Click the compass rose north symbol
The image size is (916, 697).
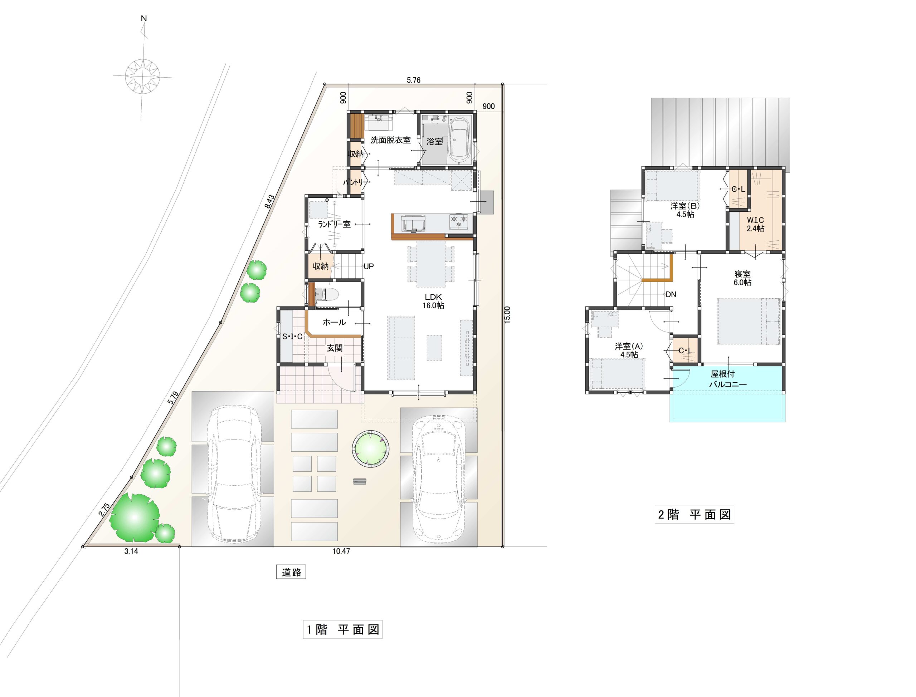click(x=143, y=77)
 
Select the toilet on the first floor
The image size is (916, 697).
click(x=326, y=295)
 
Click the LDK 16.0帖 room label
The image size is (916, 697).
click(x=433, y=301)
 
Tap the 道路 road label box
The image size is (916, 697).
click(x=291, y=572)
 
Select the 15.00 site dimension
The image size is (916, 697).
click(x=507, y=314)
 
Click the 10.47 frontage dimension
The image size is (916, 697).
click(x=341, y=551)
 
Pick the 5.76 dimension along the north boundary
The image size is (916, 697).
click(x=413, y=80)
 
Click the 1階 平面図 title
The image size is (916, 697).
click(x=342, y=629)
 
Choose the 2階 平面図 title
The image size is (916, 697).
click(x=695, y=515)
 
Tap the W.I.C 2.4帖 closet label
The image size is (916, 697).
click(x=755, y=224)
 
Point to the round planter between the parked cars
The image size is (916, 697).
click(x=371, y=448)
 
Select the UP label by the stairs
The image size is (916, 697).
click(x=369, y=266)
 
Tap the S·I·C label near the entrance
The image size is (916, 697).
click(x=293, y=337)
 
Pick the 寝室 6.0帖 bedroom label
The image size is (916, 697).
click(x=742, y=278)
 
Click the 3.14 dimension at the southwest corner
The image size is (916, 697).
click(x=131, y=551)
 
